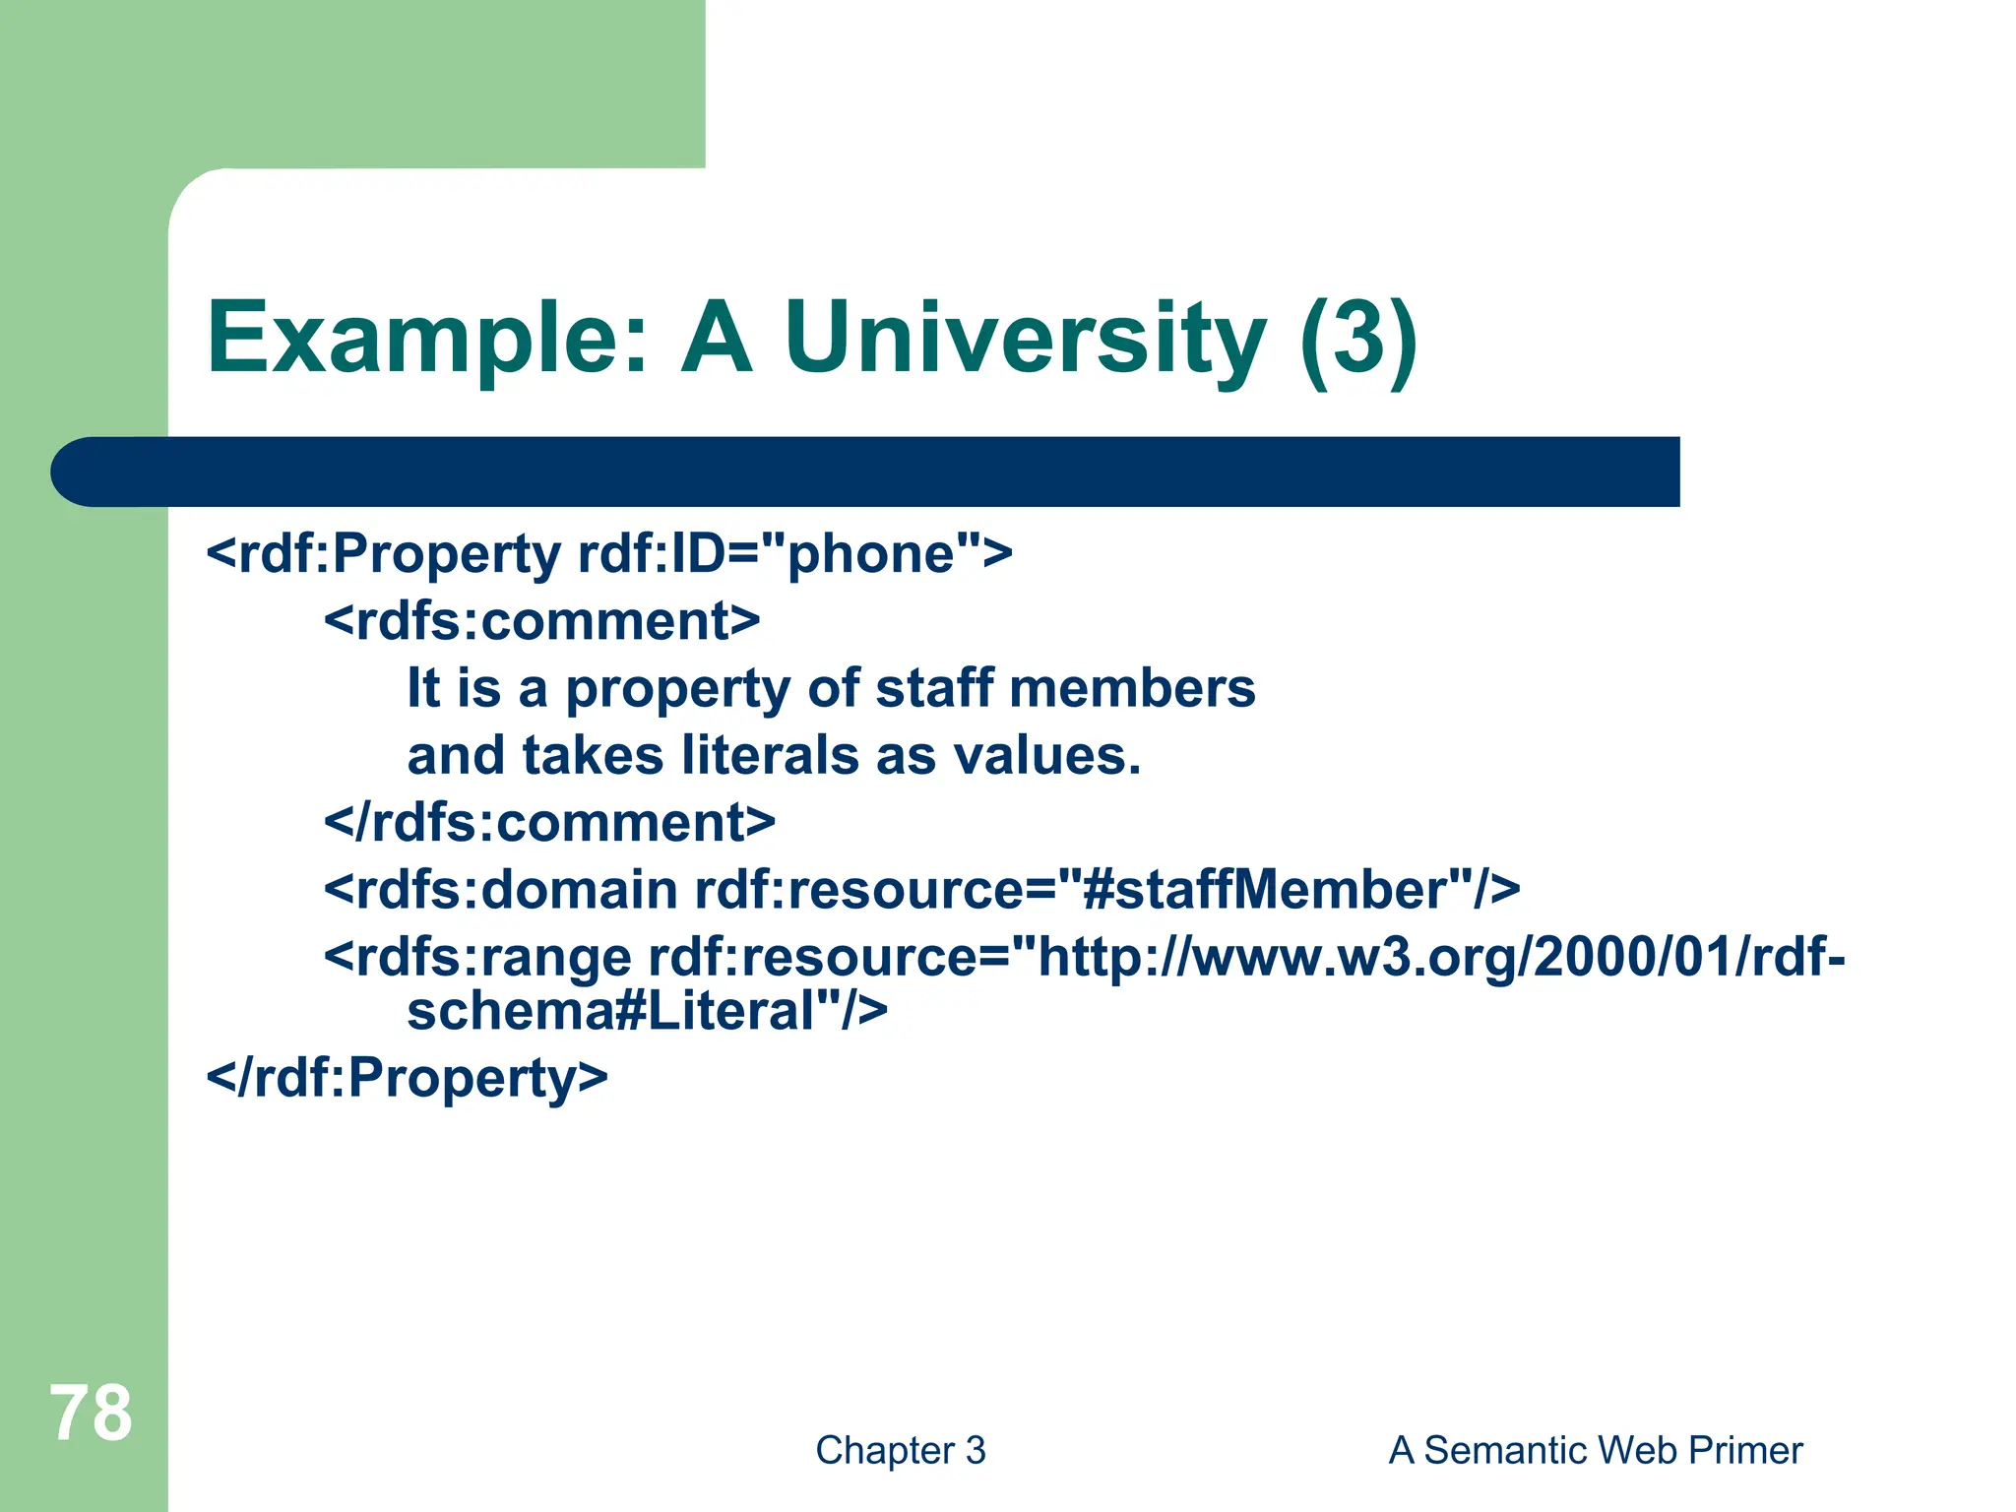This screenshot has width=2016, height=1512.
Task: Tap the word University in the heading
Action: click(1025, 340)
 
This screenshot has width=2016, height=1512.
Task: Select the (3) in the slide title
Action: click(1358, 340)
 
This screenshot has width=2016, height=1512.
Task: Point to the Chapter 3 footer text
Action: click(900, 1450)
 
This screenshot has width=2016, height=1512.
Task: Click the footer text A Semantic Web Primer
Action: click(1595, 1450)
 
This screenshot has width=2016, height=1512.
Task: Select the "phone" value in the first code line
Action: click(871, 553)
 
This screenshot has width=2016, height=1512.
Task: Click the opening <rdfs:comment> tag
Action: click(541, 621)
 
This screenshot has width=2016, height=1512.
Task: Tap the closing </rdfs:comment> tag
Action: click(549, 822)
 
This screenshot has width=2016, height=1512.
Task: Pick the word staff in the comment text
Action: click(933, 688)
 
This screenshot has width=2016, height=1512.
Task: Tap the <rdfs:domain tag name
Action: click(500, 890)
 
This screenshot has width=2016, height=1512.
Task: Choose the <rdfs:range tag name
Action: click(477, 957)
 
